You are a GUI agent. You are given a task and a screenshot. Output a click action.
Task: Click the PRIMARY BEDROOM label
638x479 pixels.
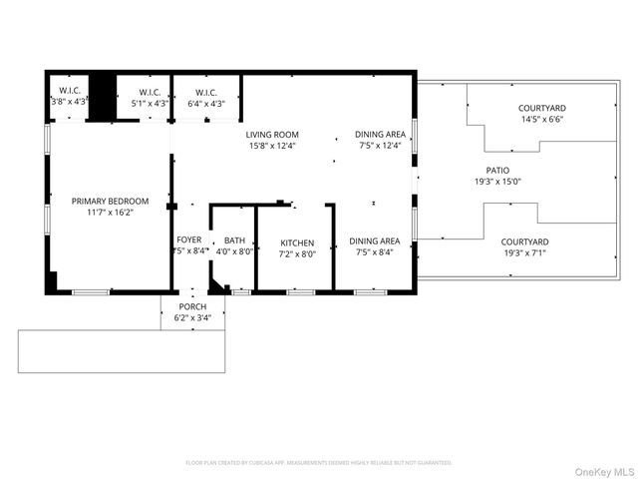pos(110,201)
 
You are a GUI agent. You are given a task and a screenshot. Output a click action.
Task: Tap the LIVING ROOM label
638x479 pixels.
pos(272,135)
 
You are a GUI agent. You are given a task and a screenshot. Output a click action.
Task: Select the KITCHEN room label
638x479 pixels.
pos(297,242)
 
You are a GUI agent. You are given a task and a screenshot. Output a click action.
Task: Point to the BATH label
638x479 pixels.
pos(234,240)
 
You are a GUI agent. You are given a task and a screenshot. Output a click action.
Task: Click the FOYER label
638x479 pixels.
pos(189,240)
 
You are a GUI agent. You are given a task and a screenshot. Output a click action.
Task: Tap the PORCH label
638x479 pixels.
pos(192,306)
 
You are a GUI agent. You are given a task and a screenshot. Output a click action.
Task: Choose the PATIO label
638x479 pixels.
pos(496,171)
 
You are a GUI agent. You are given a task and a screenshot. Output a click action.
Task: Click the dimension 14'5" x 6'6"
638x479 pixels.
pos(541,119)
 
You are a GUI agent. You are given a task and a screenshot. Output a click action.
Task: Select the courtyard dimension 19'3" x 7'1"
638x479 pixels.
pos(524,253)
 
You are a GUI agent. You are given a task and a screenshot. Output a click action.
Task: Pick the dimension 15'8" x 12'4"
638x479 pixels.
pos(272,146)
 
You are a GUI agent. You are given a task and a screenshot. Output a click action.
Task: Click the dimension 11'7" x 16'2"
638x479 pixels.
pos(110,213)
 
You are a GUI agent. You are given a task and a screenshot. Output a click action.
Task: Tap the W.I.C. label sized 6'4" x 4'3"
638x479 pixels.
pos(206,92)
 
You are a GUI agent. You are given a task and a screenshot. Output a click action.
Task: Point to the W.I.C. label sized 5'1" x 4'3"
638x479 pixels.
pos(150,92)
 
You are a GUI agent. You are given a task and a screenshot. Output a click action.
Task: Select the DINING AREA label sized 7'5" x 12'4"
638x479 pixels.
pos(380,135)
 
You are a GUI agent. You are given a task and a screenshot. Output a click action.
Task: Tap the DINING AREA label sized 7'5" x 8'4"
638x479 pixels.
pos(375,241)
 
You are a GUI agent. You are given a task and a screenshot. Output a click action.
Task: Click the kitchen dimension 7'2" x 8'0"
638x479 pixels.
pos(297,253)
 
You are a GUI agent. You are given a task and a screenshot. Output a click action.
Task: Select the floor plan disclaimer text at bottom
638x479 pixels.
pos(319,463)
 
